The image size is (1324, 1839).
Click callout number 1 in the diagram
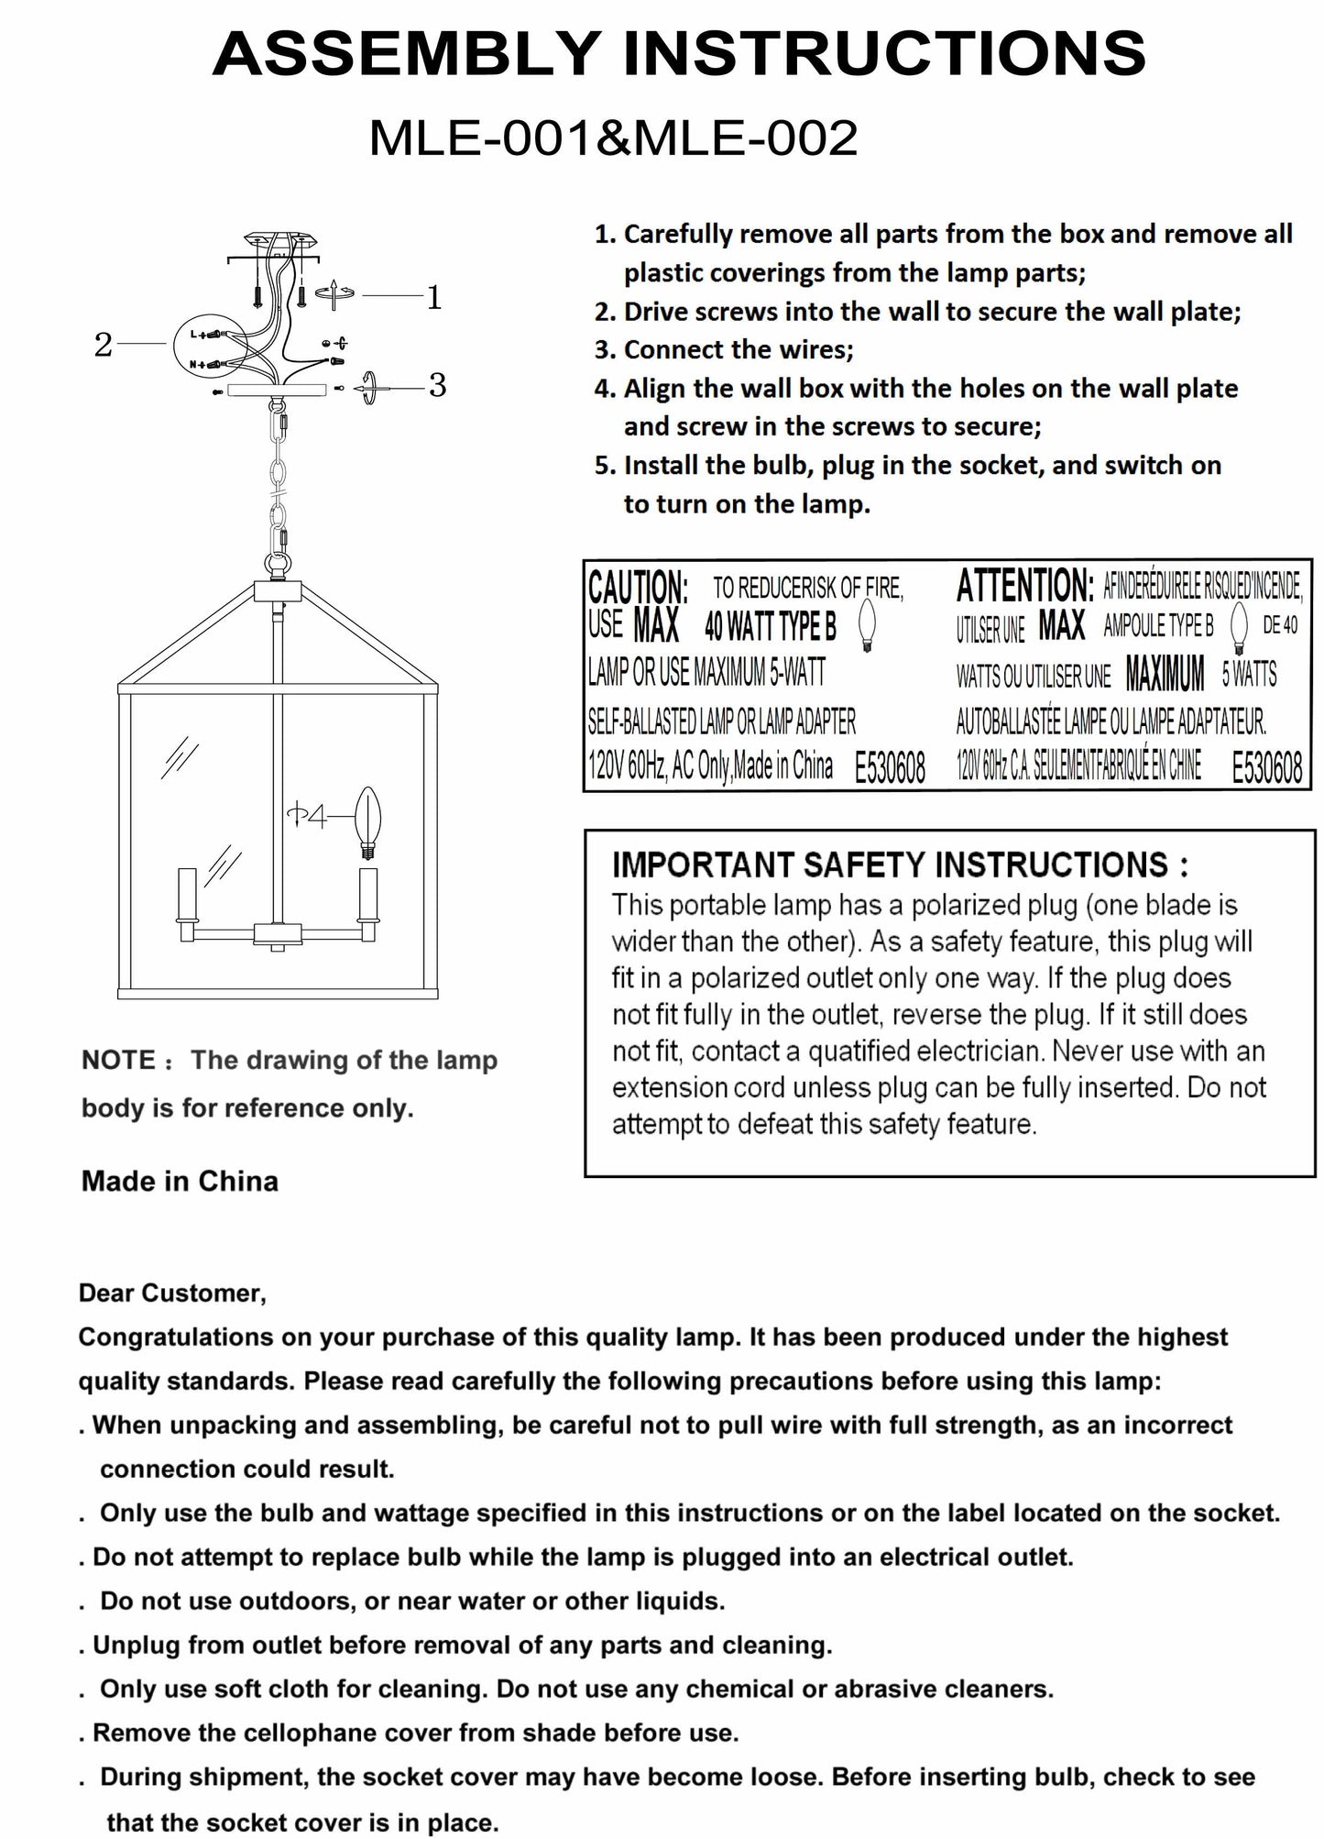[434, 297]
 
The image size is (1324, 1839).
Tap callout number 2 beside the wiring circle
[103, 345]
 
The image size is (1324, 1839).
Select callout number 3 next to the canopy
[437, 386]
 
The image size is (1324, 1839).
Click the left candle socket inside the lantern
[187, 894]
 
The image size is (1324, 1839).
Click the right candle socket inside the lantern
[368, 894]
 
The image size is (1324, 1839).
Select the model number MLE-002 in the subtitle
[746, 138]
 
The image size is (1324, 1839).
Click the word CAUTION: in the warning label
[638, 587]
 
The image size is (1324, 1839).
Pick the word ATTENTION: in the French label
[1024, 585]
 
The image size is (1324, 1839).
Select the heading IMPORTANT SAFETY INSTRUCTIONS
[901, 864]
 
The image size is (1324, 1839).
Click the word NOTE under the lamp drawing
[118, 1061]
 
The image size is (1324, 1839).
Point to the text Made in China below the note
[180, 1181]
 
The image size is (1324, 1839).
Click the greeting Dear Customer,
[172, 1294]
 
